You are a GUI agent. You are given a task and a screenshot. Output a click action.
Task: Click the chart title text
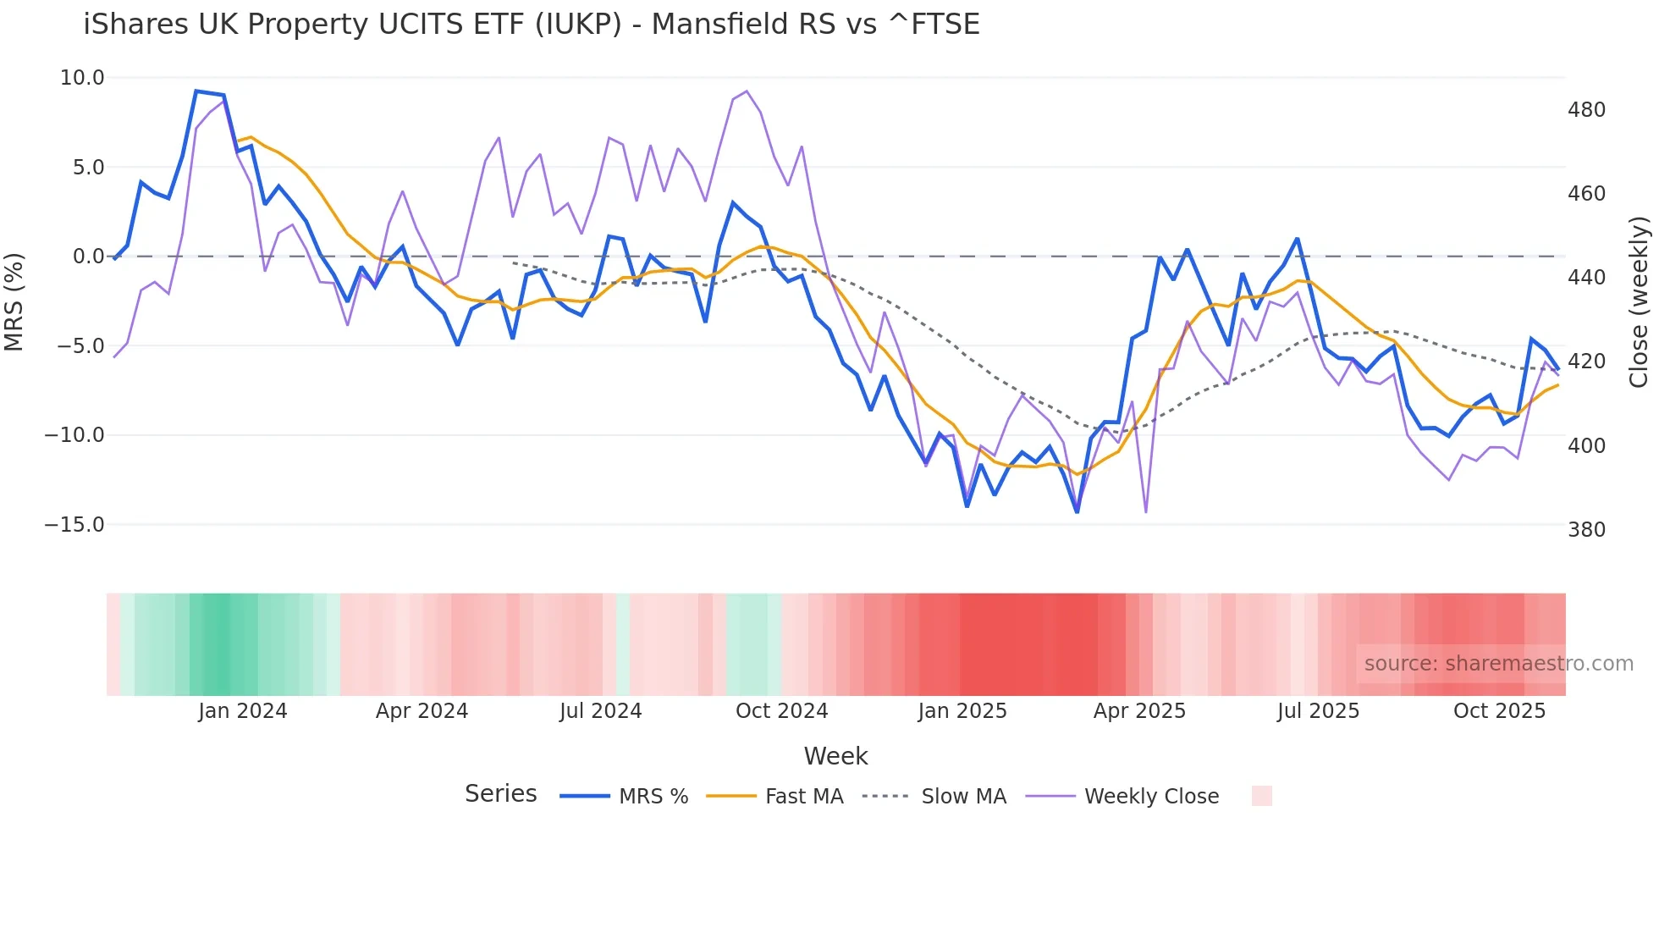coord(532,25)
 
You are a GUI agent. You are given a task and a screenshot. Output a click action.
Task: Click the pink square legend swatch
coord(1261,796)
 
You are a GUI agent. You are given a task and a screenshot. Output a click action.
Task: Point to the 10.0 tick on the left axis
coord(82,78)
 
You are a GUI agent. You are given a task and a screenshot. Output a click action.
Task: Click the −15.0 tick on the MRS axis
coord(74,525)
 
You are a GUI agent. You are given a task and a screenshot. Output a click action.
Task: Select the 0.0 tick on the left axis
coord(88,257)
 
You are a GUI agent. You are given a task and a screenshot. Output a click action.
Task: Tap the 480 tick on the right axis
coord(1586,110)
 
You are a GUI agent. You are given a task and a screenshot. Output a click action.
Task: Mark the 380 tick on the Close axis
coord(1586,530)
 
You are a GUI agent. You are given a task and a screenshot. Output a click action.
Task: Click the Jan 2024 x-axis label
coord(243,711)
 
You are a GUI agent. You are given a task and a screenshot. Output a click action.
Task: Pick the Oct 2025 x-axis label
coord(1499,711)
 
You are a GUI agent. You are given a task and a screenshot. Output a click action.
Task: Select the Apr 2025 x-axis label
coord(1139,711)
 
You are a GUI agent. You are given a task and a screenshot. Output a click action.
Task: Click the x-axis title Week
coord(835,756)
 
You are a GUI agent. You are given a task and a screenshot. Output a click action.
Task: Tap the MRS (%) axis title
coord(14,301)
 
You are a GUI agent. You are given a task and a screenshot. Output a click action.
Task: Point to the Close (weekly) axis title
coord(1639,301)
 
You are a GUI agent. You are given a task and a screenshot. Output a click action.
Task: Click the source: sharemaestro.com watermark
coord(1498,664)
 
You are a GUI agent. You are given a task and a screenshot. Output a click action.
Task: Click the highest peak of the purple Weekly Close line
coord(746,91)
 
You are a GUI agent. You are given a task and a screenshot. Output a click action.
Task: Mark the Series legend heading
coord(500,794)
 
